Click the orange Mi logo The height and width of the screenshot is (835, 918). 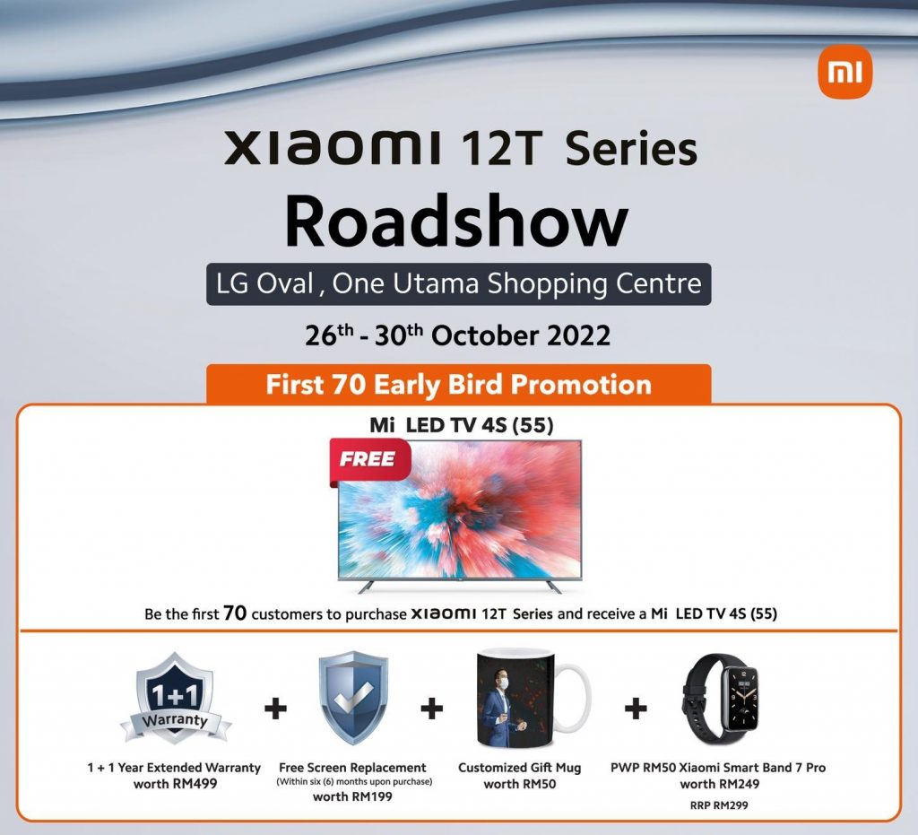(844, 72)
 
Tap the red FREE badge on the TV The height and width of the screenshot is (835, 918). (368, 461)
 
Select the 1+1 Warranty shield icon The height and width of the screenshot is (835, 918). (176, 699)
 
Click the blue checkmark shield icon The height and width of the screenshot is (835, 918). (353, 698)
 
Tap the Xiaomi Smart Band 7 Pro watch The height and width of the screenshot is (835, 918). (721, 699)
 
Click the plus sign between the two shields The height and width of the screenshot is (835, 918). (275, 709)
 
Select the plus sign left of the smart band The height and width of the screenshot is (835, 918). (636, 709)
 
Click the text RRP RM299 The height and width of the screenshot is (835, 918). (719, 805)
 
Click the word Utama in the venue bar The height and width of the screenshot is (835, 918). (437, 284)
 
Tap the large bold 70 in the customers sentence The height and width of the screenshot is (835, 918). (235, 613)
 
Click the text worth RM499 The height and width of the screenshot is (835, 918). (175, 784)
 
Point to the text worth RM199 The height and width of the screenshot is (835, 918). (352, 796)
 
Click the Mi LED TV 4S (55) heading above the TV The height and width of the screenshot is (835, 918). (462, 425)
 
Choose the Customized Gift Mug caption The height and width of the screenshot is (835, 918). (519, 768)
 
